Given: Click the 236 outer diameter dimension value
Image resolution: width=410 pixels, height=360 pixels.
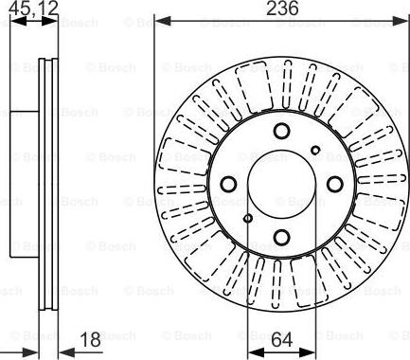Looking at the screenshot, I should [281, 9].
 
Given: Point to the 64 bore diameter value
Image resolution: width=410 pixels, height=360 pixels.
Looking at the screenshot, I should [281, 337].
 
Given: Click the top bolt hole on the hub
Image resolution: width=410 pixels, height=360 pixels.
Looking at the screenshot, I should [281, 132].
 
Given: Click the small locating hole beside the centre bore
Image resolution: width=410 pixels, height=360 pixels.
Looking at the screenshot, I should [248, 220].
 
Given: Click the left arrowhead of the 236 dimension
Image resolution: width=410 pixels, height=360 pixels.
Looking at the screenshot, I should [160, 20].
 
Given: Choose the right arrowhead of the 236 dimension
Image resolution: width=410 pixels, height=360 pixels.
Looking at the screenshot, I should [402, 20].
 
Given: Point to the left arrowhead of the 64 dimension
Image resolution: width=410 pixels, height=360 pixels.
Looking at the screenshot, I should [253, 350].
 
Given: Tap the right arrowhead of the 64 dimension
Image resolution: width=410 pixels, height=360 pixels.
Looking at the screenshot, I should [310, 350].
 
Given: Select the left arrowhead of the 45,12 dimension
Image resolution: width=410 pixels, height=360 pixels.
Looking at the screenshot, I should [4, 20].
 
